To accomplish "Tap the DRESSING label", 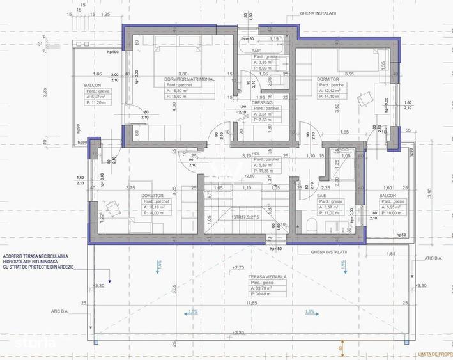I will [x=262, y=102].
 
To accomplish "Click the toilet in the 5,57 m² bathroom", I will [x=310, y=225].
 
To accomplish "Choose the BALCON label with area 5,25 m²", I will [x=388, y=196].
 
